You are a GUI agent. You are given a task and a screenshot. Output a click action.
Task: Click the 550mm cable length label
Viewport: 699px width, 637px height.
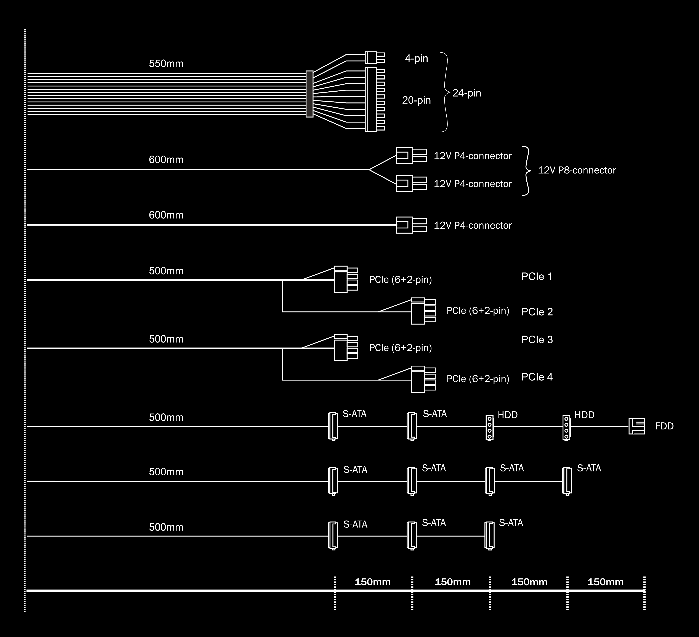pos(166,64)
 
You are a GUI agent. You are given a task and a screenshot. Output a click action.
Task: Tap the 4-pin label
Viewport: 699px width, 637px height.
pos(416,59)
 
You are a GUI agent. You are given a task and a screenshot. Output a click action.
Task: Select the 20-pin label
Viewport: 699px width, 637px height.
pos(416,100)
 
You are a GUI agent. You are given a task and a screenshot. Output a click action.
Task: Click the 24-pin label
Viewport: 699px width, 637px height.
pos(467,93)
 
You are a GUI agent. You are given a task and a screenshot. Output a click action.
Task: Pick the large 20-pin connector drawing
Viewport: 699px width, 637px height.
pos(374,100)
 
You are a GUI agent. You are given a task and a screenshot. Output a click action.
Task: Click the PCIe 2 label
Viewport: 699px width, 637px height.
pos(537,312)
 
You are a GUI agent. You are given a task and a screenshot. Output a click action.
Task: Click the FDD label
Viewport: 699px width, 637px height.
pos(664,426)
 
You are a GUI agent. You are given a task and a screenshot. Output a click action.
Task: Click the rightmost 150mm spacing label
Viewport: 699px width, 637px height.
pos(605,582)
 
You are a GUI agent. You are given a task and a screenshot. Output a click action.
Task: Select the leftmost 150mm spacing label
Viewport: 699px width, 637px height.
pos(372,582)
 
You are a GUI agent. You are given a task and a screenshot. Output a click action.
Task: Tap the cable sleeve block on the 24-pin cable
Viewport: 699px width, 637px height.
pos(309,94)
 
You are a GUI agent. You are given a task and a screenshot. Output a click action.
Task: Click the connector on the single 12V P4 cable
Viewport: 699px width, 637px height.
pos(411,225)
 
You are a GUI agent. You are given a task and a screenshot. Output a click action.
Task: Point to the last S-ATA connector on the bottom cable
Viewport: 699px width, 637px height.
pos(489,536)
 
